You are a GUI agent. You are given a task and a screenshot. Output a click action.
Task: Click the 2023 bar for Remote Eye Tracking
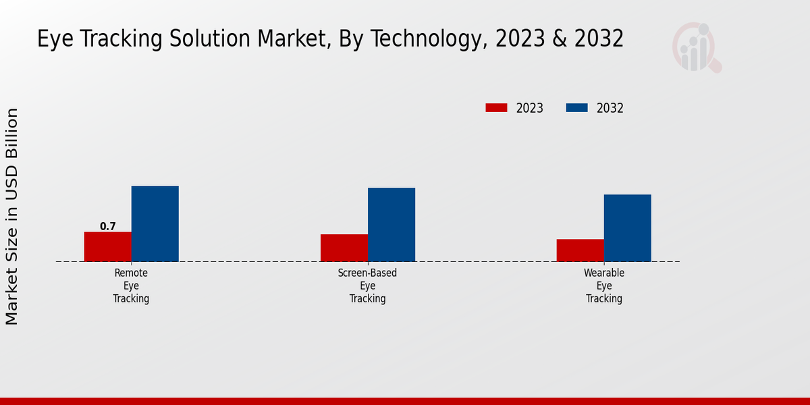(107, 246)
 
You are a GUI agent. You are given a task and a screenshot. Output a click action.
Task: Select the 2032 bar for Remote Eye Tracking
(155, 223)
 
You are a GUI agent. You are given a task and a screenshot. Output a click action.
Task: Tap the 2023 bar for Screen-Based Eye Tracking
(344, 248)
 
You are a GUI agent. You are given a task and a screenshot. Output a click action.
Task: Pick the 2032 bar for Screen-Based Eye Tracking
(391, 225)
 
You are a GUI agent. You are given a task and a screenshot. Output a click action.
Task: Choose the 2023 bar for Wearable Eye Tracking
(580, 250)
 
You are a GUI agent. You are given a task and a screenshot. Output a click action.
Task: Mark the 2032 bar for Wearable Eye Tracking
(627, 228)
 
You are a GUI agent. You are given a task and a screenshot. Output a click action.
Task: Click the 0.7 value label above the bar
(108, 227)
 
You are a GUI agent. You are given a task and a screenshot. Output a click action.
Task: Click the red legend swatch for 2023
(496, 108)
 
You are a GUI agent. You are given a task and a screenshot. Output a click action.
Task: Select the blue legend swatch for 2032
(576, 108)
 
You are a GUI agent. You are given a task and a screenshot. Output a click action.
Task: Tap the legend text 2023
(530, 108)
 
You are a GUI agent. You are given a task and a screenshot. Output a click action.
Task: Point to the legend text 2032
(610, 108)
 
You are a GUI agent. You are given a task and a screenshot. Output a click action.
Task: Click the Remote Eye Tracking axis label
(131, 286)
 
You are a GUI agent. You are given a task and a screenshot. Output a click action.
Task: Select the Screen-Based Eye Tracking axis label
(367, 286)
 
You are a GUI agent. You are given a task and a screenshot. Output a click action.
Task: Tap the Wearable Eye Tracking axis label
(604, 286)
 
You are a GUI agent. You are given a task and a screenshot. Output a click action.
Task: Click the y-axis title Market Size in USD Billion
(12, 216)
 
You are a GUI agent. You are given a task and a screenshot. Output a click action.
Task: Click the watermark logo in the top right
(696, 47)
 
